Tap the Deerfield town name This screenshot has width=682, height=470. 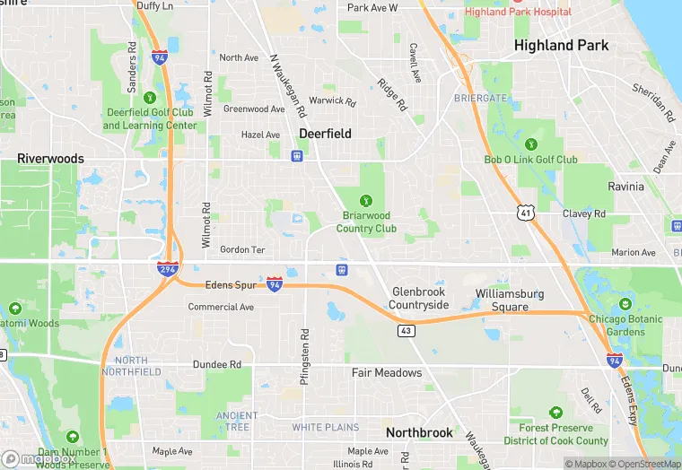click(x=325, y=133)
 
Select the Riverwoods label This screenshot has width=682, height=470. click(x=50, y=159)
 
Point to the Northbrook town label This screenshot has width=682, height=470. click(x=419, y=432)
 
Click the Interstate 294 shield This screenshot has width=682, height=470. click(x=168, y=268)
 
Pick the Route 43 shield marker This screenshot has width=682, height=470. click(x=406, y=331)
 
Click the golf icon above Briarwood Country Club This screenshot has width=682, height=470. click(x=366, y=201)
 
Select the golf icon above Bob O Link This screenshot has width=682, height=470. click(x=531, y=144)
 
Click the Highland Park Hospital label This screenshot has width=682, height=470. click(x=518, y=12)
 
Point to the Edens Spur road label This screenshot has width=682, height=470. click(x=232, y=284)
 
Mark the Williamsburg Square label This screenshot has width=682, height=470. click(x=514, y=300)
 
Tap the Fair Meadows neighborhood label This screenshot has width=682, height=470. click(x=386, y=372)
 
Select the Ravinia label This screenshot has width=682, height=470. click(x=625, y=187)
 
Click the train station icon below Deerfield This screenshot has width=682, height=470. click(x=296, y=155)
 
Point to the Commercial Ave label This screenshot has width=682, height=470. click(x=221, y=307)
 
